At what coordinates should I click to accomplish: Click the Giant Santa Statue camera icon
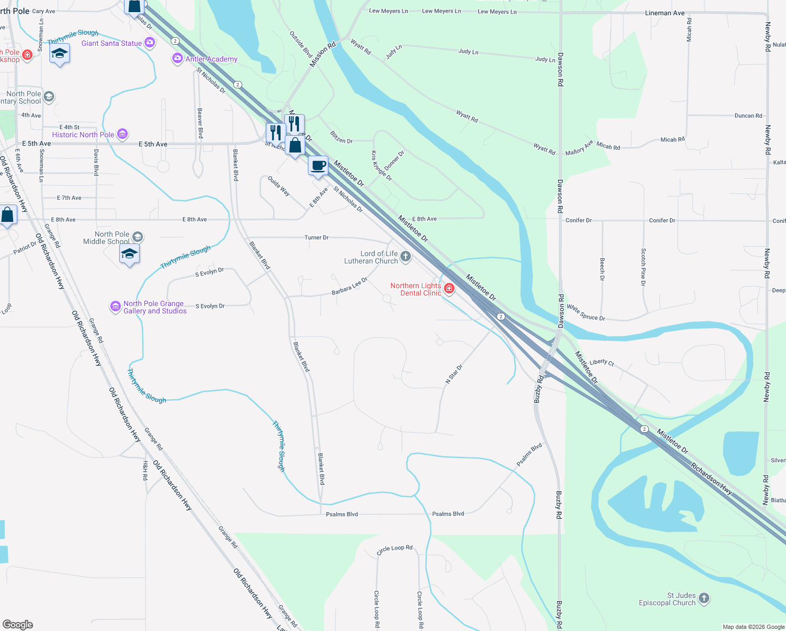point(150,43)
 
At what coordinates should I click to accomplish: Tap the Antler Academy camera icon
point(178,58)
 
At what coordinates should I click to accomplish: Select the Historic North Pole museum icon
point(122,134)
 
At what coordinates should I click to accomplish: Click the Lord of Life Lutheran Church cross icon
point(406,257)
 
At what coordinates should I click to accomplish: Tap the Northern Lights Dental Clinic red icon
point(449,288)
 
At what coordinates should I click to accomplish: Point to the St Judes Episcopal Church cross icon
point(704,598)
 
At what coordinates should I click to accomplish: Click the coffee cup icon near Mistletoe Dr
point(318,166)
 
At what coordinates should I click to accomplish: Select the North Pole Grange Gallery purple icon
point(116,307)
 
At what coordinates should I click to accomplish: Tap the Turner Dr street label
point(316,238)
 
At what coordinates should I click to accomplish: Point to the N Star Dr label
point(454,374)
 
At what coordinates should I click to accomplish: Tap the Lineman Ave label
point(665,13)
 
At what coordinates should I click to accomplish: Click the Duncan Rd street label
point(748,116)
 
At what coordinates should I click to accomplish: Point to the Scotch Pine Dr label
point(643,267)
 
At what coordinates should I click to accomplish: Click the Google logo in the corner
point(18,624)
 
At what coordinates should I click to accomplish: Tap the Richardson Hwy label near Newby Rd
point(711,479)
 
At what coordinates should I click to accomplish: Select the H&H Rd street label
point(146,470)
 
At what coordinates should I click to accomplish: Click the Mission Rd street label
point(323,55)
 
